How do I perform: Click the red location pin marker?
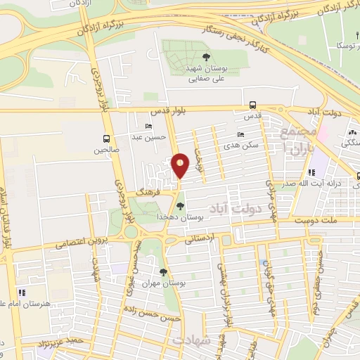pos(181,165)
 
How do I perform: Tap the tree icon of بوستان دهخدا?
pos(181,206)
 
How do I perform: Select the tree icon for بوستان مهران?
pos(163,271)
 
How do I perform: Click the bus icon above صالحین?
pos(107,139)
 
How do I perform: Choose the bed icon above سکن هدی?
pos(241,134)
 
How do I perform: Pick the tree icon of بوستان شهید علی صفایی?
pos(206,58)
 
